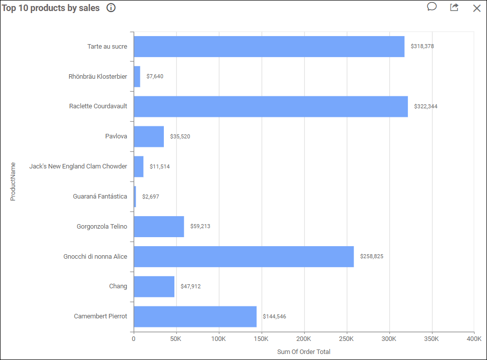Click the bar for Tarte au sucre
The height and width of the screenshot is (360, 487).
(269, 46)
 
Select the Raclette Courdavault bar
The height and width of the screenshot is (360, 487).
(271, 106)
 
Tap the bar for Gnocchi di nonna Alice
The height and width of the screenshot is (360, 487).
(243, 257)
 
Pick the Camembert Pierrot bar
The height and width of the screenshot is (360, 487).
(195, 316)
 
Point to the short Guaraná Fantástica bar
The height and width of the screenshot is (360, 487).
(135, 197)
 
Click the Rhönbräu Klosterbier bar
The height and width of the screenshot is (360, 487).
(137, 76)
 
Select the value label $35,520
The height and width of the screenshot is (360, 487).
(180, 136)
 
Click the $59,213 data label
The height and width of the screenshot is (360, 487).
(200, 227)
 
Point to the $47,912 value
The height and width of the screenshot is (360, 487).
(190, 286)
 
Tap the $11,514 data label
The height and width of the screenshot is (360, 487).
(159, 166)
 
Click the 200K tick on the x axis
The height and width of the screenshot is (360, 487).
(304, 339)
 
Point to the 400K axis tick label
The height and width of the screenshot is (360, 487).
(473, 339)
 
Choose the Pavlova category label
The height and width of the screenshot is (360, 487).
(116, 136)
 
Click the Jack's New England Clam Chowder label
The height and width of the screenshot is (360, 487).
(78, 166)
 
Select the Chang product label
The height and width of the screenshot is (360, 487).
(118, 286)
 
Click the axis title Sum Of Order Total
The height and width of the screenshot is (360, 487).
(304, 351)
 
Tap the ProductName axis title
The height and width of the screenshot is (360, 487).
(13, 181)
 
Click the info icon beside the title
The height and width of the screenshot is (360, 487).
(111, 8)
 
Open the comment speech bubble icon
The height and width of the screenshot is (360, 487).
(432, 7)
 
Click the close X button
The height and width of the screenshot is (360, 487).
(477, 8)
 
